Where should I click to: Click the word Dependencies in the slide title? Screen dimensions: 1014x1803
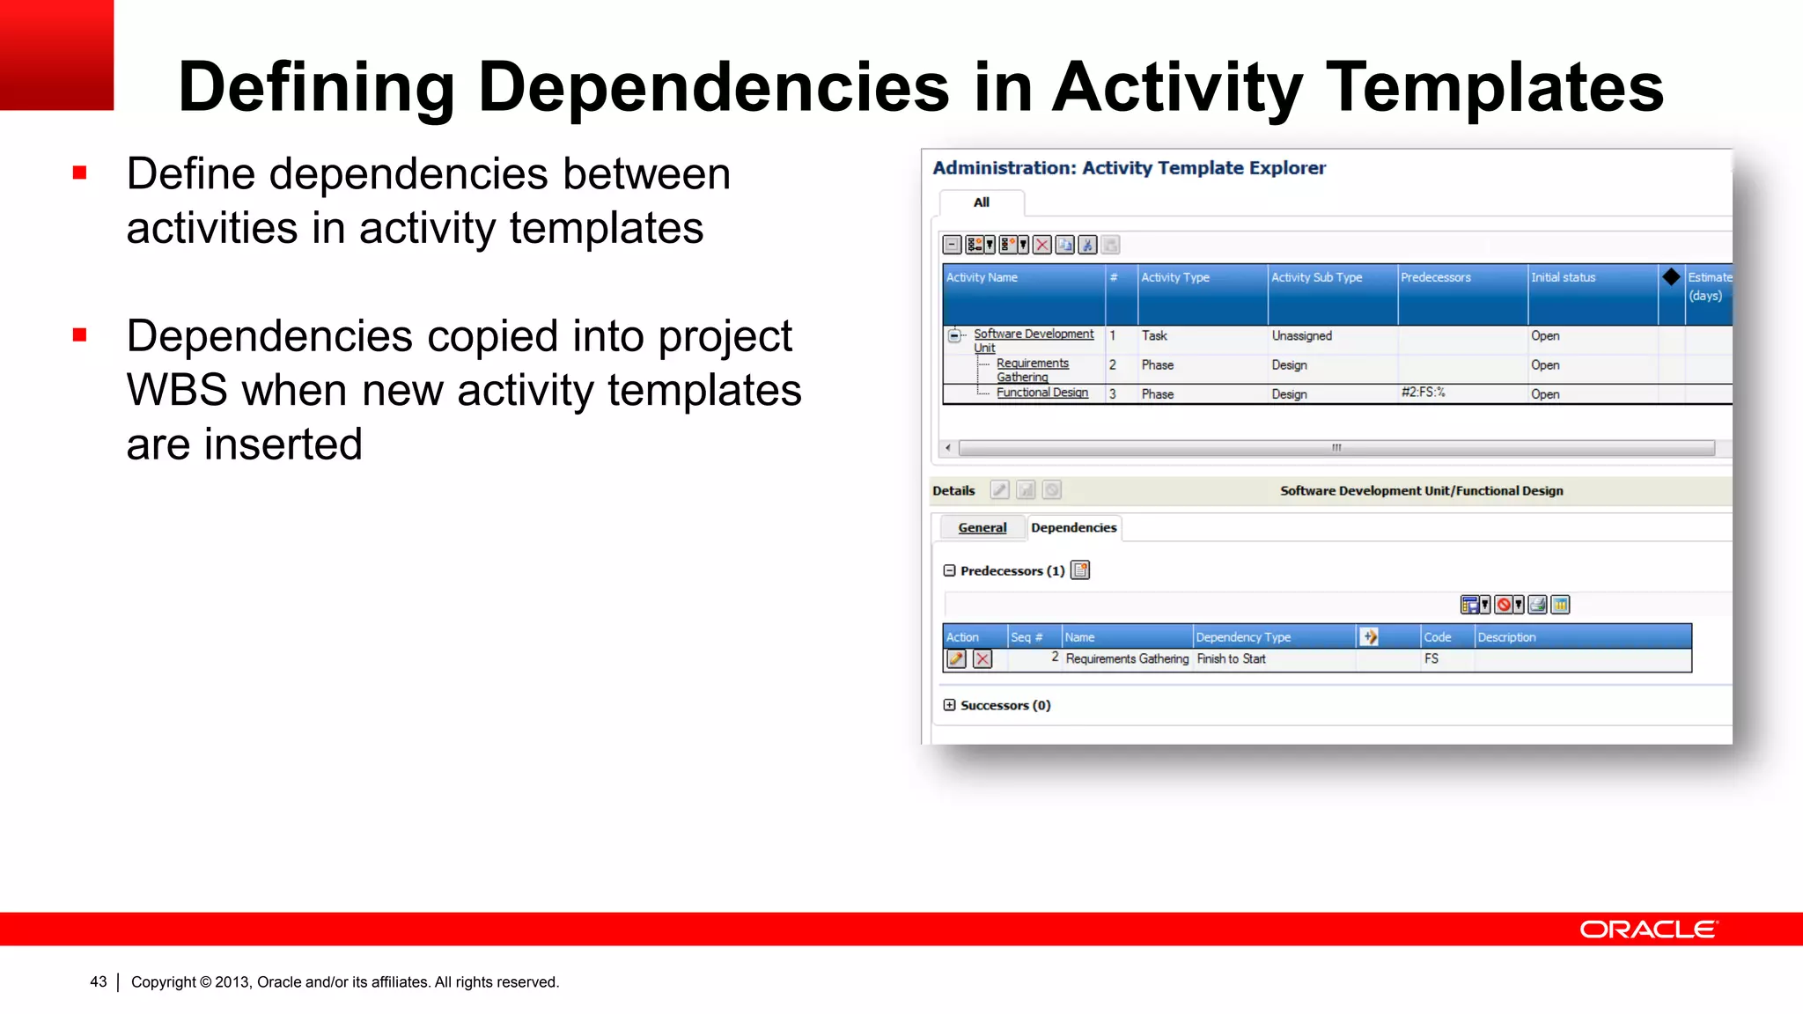coord(713,88)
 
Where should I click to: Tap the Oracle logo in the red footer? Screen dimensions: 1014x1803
coord(1647,929)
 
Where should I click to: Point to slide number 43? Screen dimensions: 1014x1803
coord(98,981)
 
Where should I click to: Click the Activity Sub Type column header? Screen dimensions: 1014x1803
coord(1316,277)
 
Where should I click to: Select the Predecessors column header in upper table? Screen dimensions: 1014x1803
coord(1435,277)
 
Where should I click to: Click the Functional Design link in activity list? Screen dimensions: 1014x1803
coord(1041,393)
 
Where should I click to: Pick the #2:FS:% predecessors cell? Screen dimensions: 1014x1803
coord(1423,393)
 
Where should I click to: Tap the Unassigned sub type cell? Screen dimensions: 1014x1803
coord(1301,336)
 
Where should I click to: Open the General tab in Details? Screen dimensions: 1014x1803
coord(982,527)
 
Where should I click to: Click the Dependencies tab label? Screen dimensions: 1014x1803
coord(1073,527)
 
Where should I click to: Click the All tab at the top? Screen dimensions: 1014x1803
coord(981,202)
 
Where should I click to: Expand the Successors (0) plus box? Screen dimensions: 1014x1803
coord(949,705)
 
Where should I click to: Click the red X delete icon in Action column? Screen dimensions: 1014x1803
coord(982,659)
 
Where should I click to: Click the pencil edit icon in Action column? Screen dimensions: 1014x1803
coord(956,659)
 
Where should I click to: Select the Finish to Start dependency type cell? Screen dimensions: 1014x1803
coord(1231,659)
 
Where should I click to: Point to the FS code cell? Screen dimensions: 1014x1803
coord(1431,659)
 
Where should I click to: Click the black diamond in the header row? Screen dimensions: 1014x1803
coord(1671,277)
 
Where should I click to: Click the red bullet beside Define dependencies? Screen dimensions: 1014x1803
coord(80,173)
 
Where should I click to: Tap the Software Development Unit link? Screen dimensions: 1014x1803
coord(1033,334)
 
